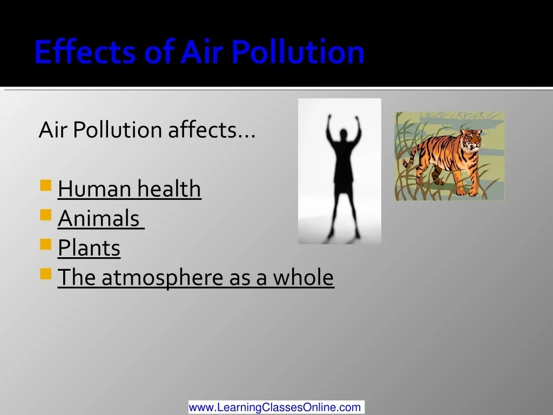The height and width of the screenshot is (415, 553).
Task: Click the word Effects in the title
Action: pyautogui.click(x=85, y=51)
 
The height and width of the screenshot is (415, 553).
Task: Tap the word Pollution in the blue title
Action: pyautogui.click(x=298, y=51)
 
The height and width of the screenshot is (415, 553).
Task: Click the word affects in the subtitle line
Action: pyautogui.click(x=212, y=130)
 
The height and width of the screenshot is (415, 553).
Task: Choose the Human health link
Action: pyautogui.click(x=130, y=189)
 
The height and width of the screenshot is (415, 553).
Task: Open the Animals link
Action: pyautogui.click(x=101, y=218)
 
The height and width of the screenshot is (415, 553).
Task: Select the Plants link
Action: pyautogui.click(x=89, y=247)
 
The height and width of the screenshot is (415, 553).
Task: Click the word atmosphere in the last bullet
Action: pyautogui.click(x=163, y=277)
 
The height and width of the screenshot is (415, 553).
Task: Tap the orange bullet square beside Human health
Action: pyautogui.click(x=46, y=185)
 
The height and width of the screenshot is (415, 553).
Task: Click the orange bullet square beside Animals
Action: pyautogui.click(x=46, y=215)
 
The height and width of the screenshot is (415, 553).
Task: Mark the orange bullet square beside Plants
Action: pyautogui.click(x=46, y=244)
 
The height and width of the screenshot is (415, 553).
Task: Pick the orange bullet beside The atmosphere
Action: pyautogui.click(x=46, y=274)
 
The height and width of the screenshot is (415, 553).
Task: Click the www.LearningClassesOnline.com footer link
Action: pyautogui.click(x=276, y=407)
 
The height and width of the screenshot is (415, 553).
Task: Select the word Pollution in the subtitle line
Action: pyautogui.click(x=117, y=130)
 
